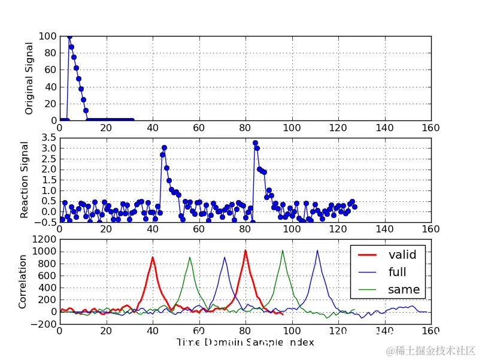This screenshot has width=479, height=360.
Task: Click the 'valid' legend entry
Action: coord(402,255)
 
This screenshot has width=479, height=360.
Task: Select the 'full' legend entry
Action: coord(397,273)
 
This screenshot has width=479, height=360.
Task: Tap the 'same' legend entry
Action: coord(404,290)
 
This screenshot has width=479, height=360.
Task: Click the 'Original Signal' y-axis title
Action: coord(29,78)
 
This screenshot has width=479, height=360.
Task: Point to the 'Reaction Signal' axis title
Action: coord(25,180)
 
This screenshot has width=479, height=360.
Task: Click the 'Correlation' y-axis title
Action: coord(22,282)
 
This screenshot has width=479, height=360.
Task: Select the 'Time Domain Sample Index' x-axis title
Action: coord(245,342)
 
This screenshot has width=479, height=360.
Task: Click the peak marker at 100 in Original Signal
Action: coord(69,37)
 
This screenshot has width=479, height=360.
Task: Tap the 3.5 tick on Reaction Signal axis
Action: coord(48,138)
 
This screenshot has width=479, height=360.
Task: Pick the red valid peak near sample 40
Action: coord(153,258)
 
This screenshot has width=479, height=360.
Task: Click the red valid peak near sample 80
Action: coord(245,250)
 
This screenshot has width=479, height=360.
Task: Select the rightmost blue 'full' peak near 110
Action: coord(317,250)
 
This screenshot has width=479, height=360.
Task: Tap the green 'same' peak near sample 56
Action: coord(190,258)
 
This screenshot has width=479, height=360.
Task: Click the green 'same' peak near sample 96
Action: coord(283,250)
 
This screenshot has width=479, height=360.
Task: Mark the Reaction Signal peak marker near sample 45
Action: coord(164,147)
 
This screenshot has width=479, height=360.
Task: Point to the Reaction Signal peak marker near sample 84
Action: coord(255,143)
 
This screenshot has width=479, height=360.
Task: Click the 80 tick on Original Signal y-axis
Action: coord(50,53)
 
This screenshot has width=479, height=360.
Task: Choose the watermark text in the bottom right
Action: coord(430,350)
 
